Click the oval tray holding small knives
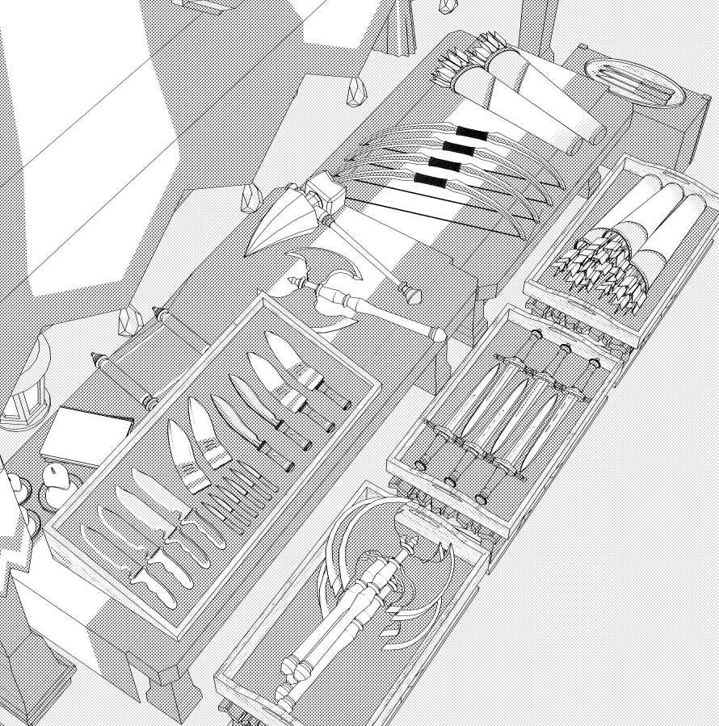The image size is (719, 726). (635, 81)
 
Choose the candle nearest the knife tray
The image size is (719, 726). (57, 485)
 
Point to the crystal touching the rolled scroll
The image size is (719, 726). (129, 322)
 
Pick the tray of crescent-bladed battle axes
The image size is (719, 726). (355, 614)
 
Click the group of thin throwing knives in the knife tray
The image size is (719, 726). (238, 497)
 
